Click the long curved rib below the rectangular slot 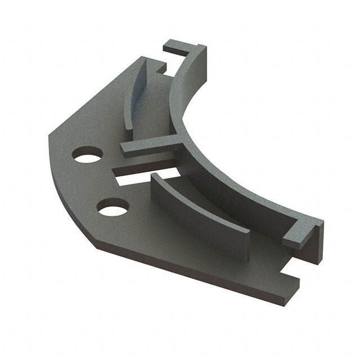click(197, 208)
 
